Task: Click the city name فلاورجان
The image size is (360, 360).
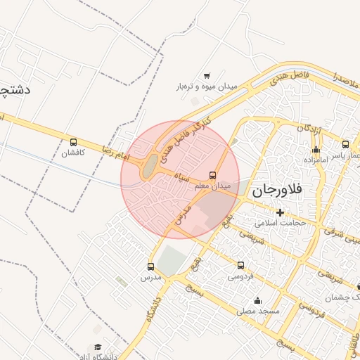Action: click(276, 189)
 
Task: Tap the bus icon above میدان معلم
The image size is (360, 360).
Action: click(213, 174)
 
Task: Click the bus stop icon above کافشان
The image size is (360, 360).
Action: click(74, 142)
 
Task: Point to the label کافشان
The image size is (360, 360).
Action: click(72, 153)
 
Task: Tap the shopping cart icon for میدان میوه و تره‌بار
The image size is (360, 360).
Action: click(207, 76)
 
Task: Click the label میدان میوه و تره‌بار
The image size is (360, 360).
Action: click(207, 86)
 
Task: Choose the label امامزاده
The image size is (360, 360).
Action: click(316, 160)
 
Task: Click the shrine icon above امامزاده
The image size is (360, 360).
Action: click(316, 149)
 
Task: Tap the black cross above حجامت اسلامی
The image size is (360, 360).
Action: click(281, 212)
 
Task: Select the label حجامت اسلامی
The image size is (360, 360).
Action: click(281, 223)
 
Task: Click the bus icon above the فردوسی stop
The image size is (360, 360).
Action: click(241, 265)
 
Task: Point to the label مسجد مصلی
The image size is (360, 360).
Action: click(258, 310)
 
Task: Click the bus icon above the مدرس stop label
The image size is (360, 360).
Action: click(150, 266)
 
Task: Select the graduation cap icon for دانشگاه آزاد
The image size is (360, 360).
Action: click(98, 347)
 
